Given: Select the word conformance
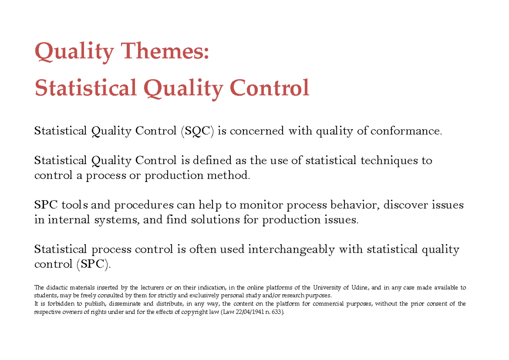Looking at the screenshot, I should pyautogui.click(x=406, y=131).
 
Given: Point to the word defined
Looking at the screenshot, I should pyautogui.click(x=211, y=161).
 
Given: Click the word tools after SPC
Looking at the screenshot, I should pyautogui.click(x=74, y=205).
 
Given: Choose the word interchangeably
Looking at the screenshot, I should pyautogui.click(x=291, y=250).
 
